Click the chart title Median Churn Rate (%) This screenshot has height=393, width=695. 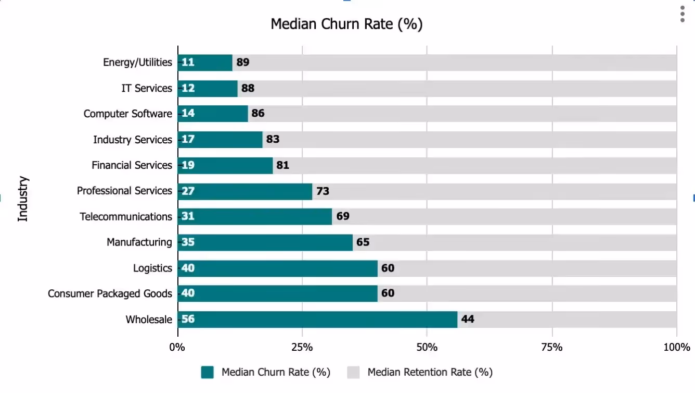click(346, 24)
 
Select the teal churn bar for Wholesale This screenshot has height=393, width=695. click(317, 320)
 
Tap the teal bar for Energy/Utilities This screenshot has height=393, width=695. click(205, 63)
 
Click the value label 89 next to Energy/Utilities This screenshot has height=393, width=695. click(242, 63)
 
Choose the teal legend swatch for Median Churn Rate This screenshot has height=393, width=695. click(208, 372)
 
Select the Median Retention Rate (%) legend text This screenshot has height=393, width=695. click(430, 372)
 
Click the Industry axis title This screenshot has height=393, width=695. click(23, 199)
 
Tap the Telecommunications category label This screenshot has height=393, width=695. click(126, 217)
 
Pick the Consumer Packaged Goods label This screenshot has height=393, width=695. click(110, 294)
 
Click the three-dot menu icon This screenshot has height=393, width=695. click(683, 15)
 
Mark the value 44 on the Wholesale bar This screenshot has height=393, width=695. click(467, 320)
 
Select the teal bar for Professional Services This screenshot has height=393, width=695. click(244, 191)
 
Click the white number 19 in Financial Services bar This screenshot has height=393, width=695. click(188, 166)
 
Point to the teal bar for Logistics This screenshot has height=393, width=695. click(277, 268)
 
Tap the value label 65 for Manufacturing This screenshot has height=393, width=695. click(363, 242)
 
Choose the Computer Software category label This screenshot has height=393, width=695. click(127, 114)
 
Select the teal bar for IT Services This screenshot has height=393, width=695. click(208, 89)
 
